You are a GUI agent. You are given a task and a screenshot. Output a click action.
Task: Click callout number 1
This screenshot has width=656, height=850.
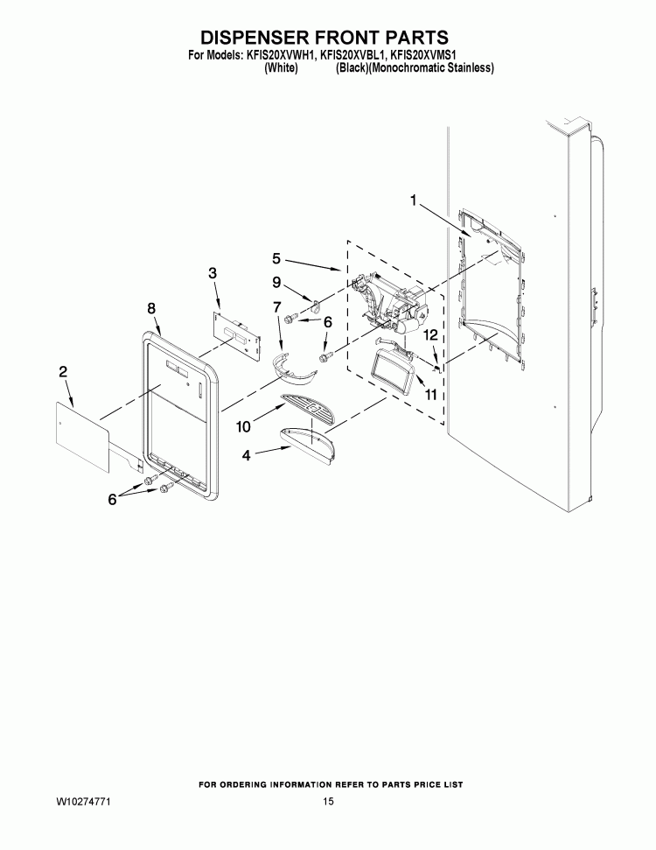[x=413, y=200]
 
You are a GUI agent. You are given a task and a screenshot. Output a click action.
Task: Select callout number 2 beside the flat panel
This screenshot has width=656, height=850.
[x=63, y=372]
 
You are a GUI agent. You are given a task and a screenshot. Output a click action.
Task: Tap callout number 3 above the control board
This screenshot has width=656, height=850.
[x=213, y=273]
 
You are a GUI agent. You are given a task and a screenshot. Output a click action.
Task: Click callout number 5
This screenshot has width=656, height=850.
[x=276, y=258]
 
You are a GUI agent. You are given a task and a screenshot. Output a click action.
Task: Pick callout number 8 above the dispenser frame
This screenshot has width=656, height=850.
[x=151, y=308]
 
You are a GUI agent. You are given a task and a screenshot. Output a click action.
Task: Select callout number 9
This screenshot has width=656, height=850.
[x=276, y=283]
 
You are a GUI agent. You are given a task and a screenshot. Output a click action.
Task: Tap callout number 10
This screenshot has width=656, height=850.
[x=244, y=425]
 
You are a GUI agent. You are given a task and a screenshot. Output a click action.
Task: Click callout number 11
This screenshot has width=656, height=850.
[x=430, y=396]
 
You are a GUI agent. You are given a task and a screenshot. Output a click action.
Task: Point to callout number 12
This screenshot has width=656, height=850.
[x=430, y=334]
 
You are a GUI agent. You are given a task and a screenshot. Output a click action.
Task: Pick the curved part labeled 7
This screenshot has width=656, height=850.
[x=294, y=369]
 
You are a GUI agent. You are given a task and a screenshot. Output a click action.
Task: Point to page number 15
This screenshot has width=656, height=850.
[x=327, y=802]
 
